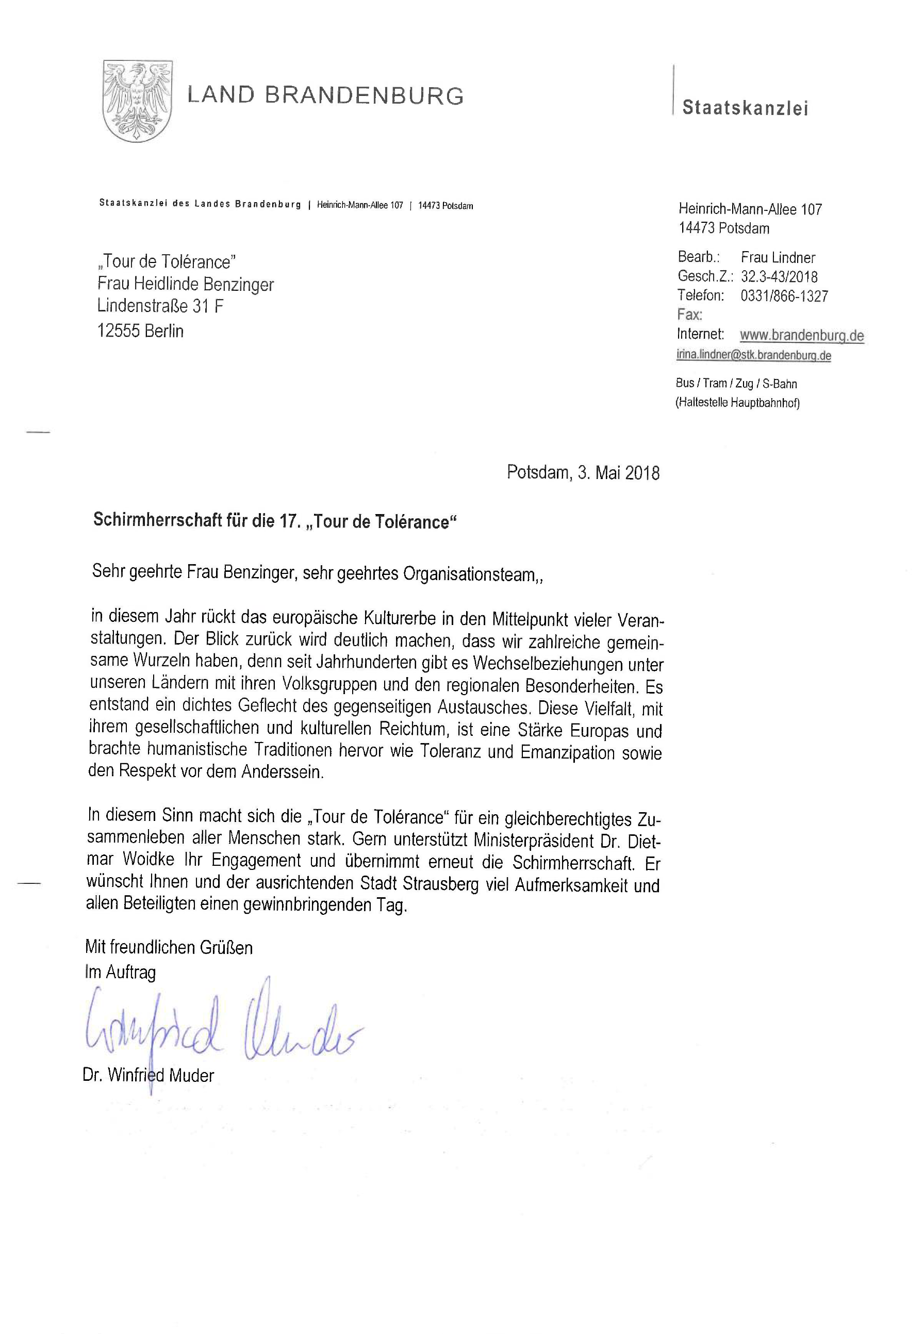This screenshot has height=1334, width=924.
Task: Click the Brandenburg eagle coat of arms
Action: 137,101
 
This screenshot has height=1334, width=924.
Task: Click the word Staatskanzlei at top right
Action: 745,108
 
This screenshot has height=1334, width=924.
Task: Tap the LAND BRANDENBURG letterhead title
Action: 325,95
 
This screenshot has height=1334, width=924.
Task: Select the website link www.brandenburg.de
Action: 801,335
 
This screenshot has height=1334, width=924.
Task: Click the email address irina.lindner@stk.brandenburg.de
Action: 753,355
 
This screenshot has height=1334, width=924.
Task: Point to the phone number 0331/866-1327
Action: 784,297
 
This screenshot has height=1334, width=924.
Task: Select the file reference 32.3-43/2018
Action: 779,277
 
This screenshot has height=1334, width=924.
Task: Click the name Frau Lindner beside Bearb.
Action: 778,258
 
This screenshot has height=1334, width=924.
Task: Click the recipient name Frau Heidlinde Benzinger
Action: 185,284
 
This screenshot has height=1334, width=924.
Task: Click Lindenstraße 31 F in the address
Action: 160,306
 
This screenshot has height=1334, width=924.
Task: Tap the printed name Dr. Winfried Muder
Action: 148,1076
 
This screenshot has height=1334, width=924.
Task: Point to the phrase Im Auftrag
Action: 121,972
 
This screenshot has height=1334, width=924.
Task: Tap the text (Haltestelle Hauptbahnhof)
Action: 737,403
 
